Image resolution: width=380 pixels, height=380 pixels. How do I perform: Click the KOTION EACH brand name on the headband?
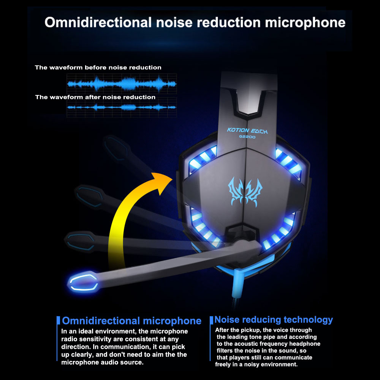click(247, 131)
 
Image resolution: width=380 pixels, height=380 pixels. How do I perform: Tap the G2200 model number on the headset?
click(247, 137)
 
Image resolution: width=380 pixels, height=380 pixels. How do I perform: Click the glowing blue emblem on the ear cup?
click(245, 190)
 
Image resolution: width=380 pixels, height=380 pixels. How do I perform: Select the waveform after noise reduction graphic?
click(122, 107)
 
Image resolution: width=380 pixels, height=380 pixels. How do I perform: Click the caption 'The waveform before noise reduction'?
click(98, 68)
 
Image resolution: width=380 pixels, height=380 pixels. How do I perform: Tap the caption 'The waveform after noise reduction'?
click(95, 97)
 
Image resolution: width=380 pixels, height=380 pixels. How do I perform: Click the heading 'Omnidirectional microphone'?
click(131, 321)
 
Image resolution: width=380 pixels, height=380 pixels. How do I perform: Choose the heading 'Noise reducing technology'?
click(274, 320)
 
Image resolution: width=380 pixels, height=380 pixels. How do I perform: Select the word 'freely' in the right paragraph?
click(225, 364)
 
